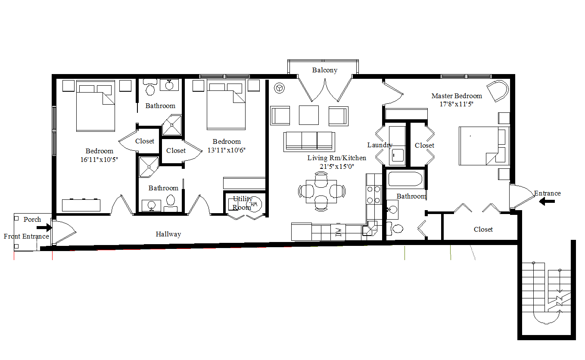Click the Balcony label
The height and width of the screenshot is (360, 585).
click(325, 70)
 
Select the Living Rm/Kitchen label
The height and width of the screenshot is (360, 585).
click(336, 158)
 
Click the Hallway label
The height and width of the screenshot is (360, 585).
click(168, 234)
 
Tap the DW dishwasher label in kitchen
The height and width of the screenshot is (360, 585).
click(338, 233)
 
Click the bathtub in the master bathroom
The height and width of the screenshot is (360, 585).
click(405, 179)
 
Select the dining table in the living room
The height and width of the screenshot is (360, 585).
click(322, 191)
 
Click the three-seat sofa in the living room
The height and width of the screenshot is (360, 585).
click(309, 141)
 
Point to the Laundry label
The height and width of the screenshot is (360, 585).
click(380, 145)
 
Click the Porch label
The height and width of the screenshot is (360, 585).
click(32, 220)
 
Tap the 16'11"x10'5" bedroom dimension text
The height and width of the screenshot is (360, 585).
click(99, 159)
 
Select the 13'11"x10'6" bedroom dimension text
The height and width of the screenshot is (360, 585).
click(227, 150)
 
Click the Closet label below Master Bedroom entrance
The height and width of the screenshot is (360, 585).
click(483, 230)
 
